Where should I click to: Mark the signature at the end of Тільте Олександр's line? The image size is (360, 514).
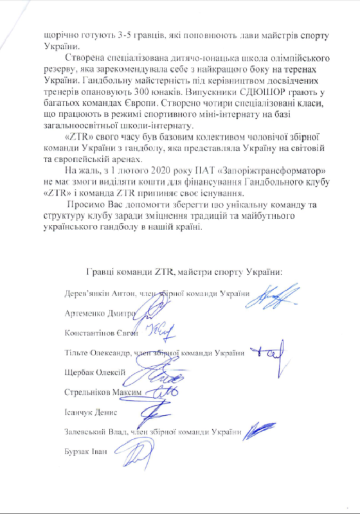pyautogui.click(x=267, y=352)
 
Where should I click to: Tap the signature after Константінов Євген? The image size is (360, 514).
pyautogui.click(x=159, y=332)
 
